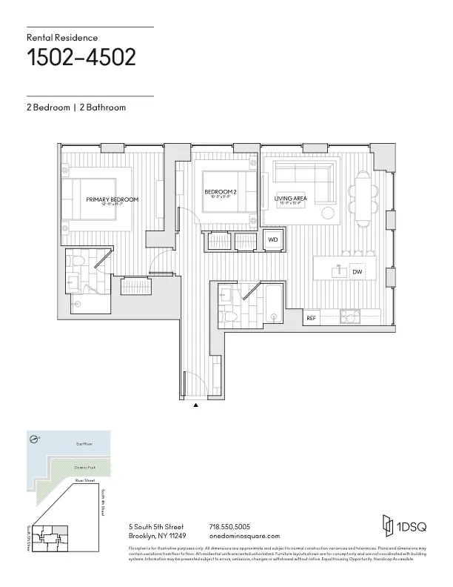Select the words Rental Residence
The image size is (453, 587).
[x=62, y=37]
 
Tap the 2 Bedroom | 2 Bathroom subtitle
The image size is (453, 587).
[x=76, y=107]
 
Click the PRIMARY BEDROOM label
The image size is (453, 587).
[x=113, y=200]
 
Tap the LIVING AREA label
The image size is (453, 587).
[x=291, y=199]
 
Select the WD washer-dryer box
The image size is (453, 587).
[x=272, y=240]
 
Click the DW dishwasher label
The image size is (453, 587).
[x=357, y=273]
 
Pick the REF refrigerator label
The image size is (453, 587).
[x=312, y=318]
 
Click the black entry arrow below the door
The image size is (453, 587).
[x=195, y=405]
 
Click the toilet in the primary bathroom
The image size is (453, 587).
[x=73, y=281]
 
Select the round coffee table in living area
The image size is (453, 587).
[x=328, y=213]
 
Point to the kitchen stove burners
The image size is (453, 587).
[x=347, y=317]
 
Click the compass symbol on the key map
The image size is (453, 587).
[x=34, y=439]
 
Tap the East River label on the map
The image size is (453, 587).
[x=83, y=445]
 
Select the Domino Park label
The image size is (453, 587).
[x=84, y=468]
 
